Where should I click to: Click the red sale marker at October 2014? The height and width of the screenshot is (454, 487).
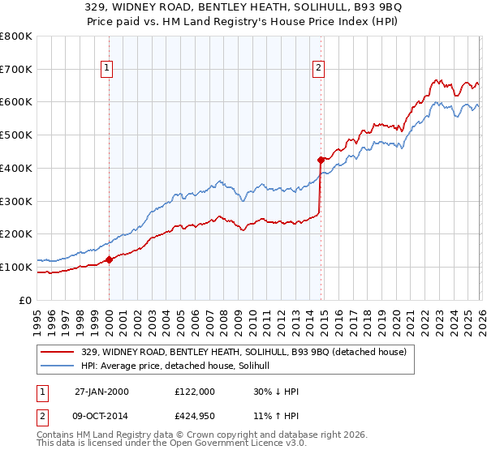[x=321, y=160]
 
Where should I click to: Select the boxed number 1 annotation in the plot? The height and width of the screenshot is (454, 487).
[x=108, y=68]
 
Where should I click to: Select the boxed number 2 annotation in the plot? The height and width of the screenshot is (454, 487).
[x=319, y=68]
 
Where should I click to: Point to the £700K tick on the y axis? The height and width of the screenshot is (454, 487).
[x=16, y=69]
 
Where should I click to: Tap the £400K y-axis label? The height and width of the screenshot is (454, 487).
[x=16, y=168]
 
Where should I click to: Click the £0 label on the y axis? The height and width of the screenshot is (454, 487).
[x=26, y=300]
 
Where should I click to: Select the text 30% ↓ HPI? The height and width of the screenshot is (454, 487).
[x=276, y=392]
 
